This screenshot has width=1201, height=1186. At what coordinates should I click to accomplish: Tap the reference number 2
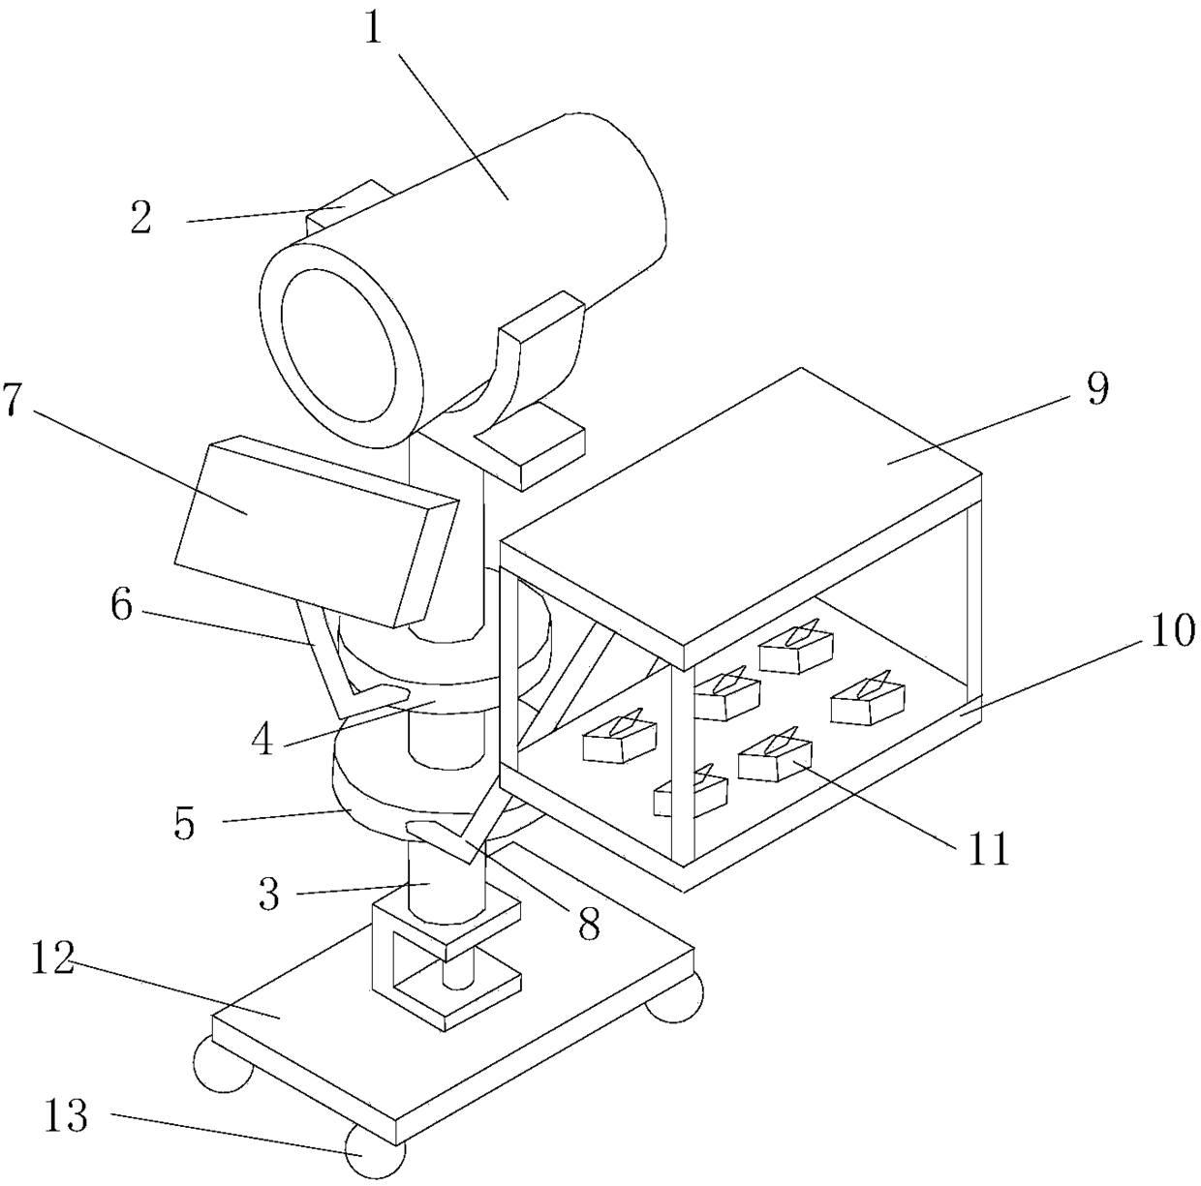[x=141, y=219]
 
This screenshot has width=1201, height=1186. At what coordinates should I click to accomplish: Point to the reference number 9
[x=1096, y=388]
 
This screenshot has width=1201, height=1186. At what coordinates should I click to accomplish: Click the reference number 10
[x=1173, y=633]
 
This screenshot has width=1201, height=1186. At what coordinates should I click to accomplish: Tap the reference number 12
[x=52, y=963]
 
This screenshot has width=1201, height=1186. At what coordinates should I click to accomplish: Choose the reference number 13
[x=66, y=1116]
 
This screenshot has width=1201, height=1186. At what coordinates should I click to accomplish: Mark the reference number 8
[x=588, y=924]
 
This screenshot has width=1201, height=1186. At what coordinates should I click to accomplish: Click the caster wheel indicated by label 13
[x=373, y=1152]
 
